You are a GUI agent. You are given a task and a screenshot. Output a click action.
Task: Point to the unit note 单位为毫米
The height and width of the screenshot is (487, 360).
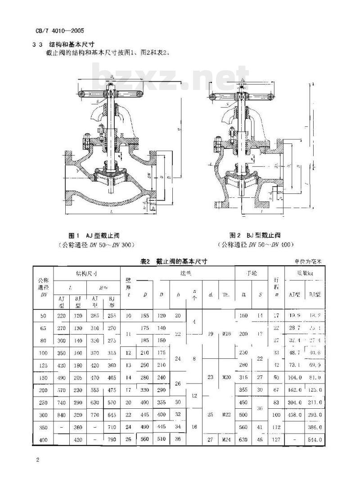(309, 261)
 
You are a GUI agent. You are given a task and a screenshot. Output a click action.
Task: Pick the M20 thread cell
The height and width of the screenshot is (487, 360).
(226, 377)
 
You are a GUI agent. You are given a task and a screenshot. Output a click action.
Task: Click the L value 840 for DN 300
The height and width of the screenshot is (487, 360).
(62, 414)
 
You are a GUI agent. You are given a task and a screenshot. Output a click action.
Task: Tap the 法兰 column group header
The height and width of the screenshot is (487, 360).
(177, 273)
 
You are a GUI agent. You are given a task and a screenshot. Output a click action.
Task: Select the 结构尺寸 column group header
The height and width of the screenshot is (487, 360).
(87, 273)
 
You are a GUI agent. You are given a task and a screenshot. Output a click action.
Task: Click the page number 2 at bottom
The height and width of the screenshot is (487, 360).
(38, 460)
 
